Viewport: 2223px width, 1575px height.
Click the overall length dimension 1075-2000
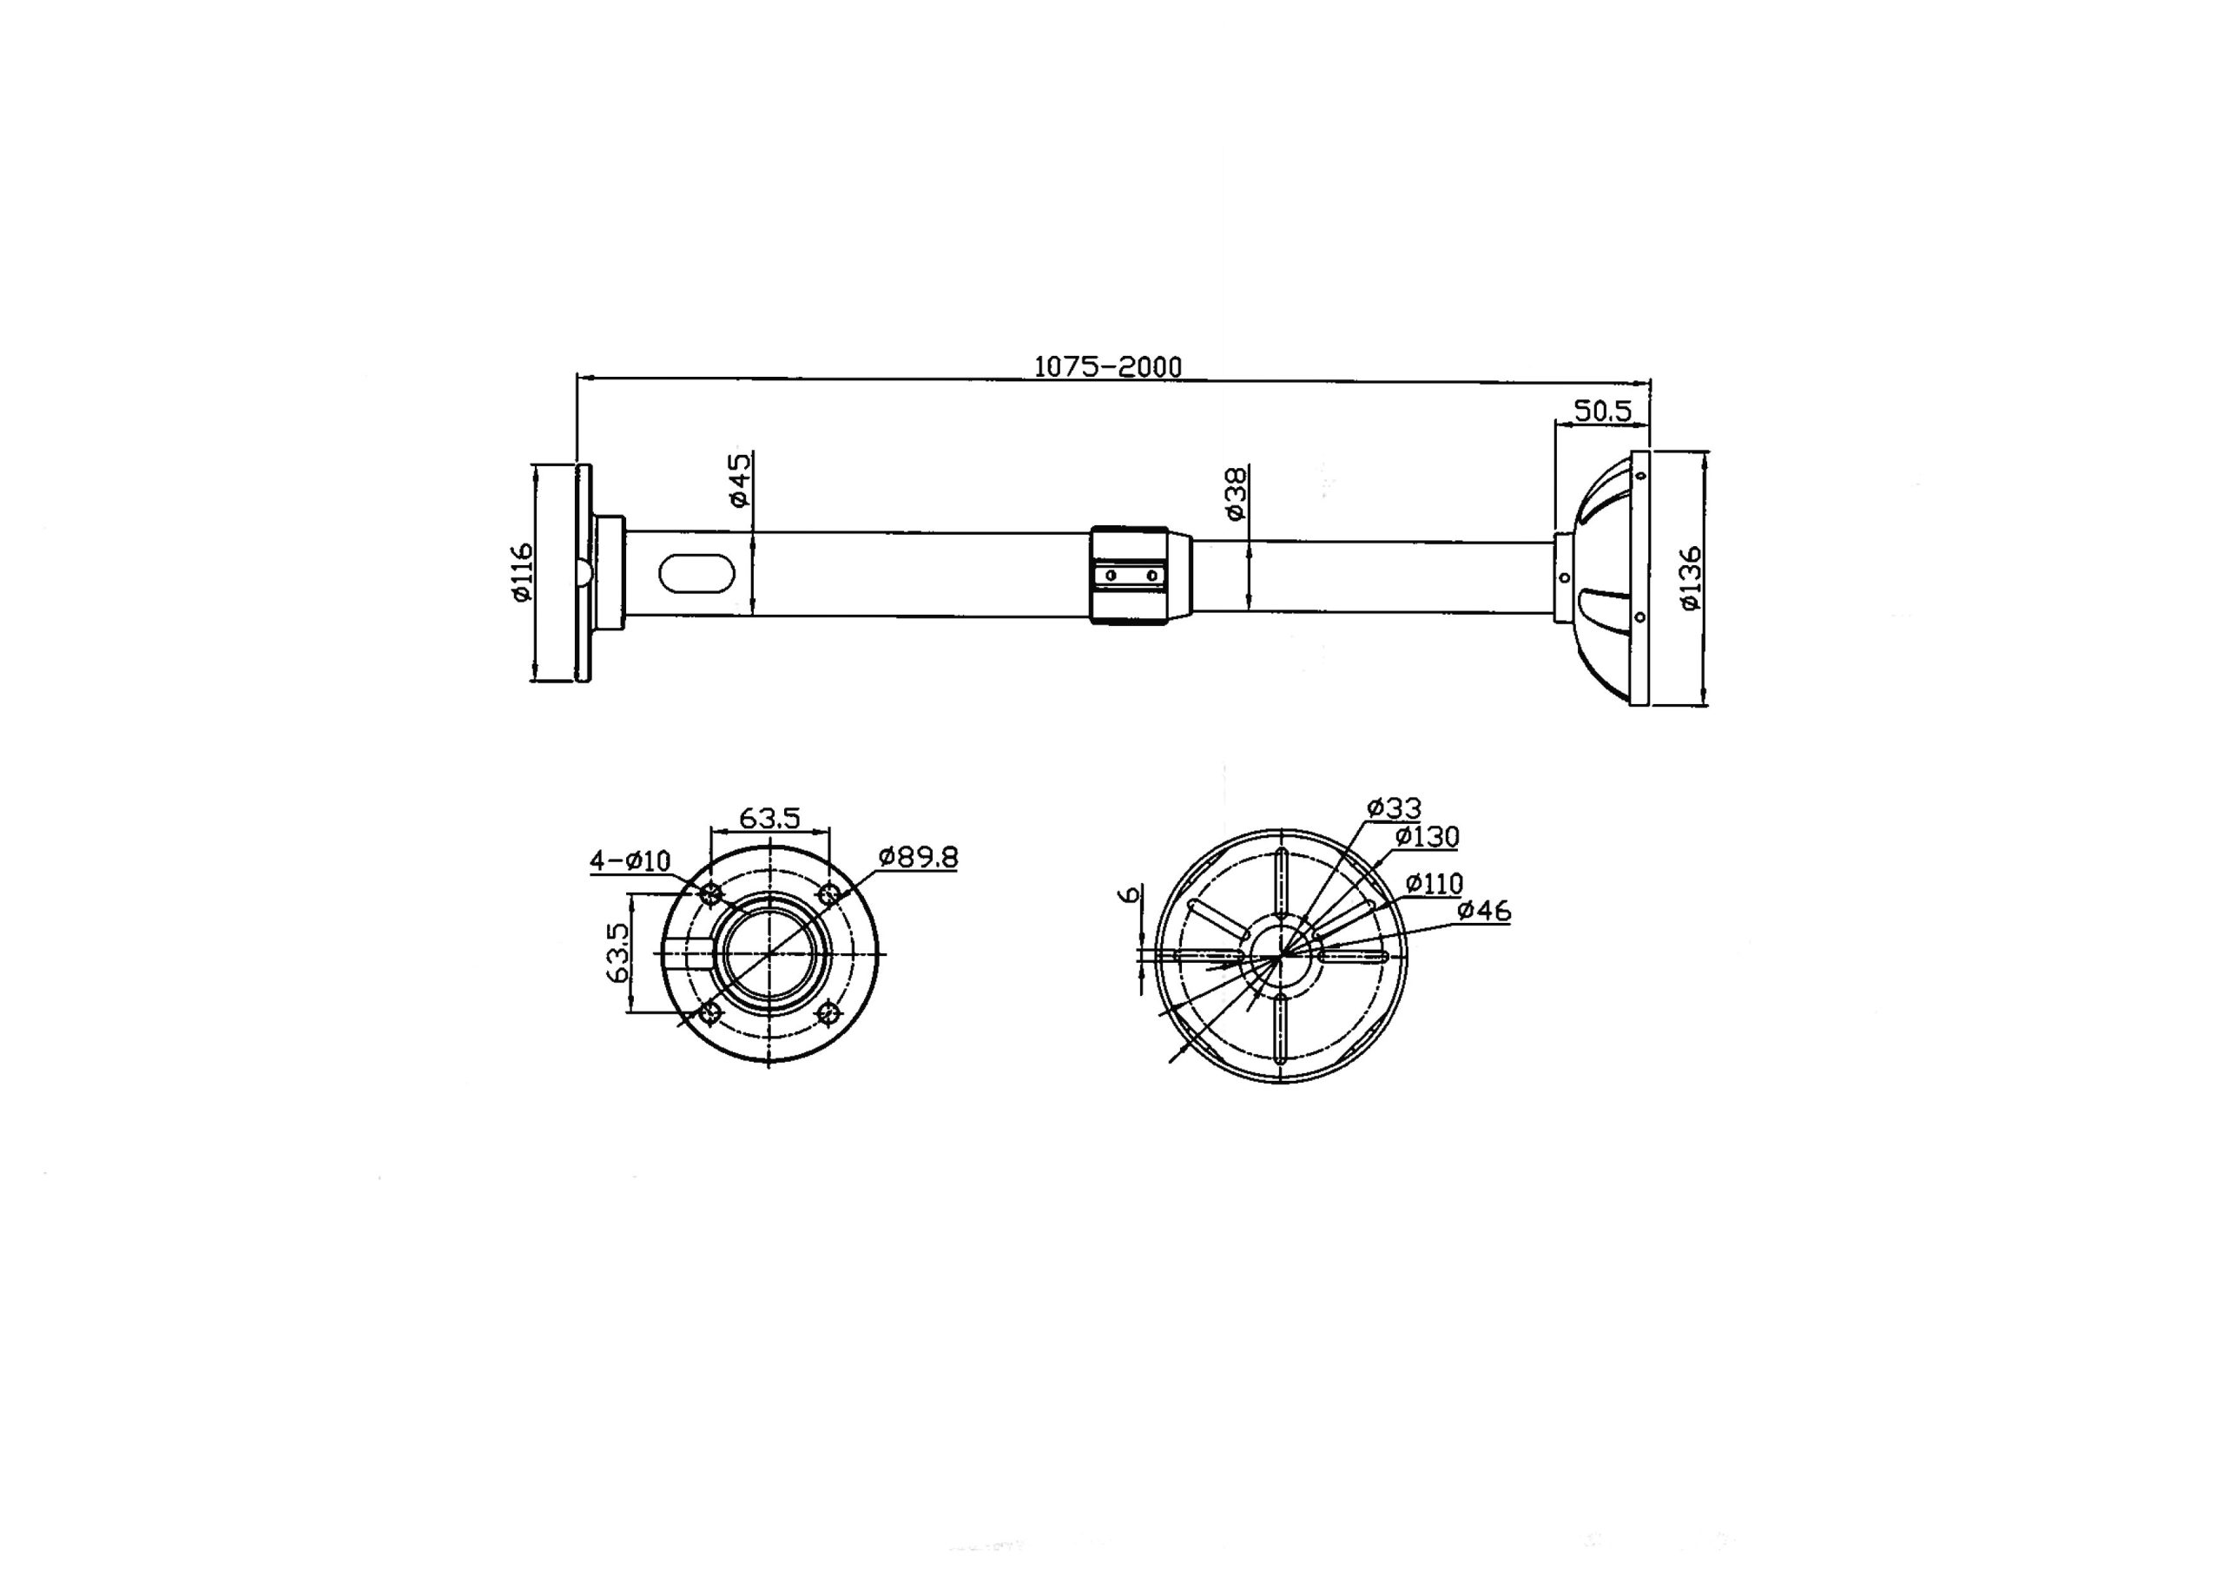click(x=1108, y=366)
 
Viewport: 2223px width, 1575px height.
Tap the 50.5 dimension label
click(x=1602, y=412)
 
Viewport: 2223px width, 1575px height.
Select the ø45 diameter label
click(x=739, y=480)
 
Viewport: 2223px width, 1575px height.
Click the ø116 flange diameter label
click(x=522, y=572)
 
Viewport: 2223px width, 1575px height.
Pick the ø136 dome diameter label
click(x=1690, y=579)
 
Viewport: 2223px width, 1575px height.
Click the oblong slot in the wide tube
click(x=696, y=572)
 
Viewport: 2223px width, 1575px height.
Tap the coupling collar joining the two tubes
click(x=1129, y=575)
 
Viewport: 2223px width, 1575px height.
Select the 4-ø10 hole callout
click(x=630, y=860)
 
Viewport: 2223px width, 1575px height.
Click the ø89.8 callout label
click(x=918, y=857)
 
